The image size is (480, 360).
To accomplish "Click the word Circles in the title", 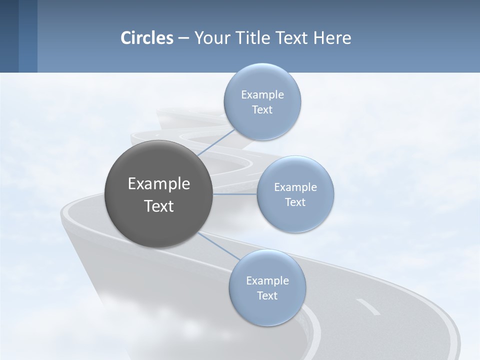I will [147, 38].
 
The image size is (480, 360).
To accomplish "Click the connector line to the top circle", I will [216, 143].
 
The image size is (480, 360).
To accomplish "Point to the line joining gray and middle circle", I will [235, 194].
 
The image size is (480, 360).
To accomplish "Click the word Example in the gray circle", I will [158, 184].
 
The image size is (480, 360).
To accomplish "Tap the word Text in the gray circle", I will [158, 206].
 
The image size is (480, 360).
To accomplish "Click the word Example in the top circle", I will [262, 95].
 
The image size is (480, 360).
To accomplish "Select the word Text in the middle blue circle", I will [295, 202].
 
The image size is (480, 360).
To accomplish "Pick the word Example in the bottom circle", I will [267, 281].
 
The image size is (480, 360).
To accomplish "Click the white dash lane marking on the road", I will [368, 306].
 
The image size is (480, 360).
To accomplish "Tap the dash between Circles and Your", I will [183, 38].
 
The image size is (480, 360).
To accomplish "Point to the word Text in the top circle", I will [262, 110].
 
